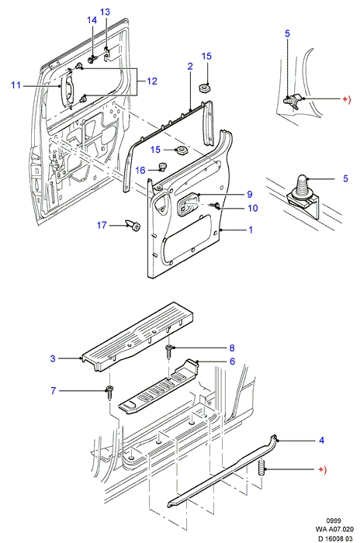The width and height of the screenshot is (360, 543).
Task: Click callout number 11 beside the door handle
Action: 16,85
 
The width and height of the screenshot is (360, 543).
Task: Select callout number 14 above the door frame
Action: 92,20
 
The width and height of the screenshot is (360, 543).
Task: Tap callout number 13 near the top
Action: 105,12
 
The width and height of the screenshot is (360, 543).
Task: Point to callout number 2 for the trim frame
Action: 190,66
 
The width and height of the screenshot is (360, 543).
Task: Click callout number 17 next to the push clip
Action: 102,225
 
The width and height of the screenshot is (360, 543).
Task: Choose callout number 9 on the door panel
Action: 250,194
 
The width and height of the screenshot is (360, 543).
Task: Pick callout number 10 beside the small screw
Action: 253,208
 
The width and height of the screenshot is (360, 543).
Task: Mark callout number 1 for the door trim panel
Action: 251,230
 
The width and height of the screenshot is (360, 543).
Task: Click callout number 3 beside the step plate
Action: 53,358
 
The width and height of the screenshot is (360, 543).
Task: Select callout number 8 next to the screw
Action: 232,348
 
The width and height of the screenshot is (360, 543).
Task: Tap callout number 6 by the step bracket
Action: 232,361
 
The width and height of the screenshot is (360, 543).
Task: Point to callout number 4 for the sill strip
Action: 321,440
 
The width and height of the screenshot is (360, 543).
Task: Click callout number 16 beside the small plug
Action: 140,170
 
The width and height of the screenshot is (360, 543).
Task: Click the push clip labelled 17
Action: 133,225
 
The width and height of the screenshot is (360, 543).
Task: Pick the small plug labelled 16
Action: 162,167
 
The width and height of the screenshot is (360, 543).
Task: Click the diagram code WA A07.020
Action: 334,529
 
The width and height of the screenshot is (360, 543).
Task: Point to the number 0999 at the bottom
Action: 334,521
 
